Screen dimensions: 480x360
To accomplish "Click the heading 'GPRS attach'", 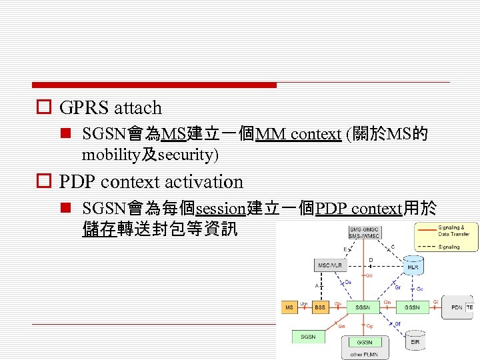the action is (111, 107).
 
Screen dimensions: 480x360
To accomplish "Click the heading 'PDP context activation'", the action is (151, 181).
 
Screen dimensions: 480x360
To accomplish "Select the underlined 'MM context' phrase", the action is (298, 134).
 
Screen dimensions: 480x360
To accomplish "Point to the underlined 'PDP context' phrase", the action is (359, 209).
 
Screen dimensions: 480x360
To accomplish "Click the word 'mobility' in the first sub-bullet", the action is (106, 155).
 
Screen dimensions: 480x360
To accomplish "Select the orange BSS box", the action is (320, 307).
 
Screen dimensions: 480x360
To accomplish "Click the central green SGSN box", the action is (363, 307).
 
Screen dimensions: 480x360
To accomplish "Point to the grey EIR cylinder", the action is (415, 342).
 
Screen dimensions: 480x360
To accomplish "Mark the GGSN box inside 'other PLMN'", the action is (364, 342).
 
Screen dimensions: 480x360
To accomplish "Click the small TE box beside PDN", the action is (470, 307).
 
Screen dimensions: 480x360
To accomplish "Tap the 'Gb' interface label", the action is (338, 303).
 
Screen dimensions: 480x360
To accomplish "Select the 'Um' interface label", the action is (304, 303).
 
